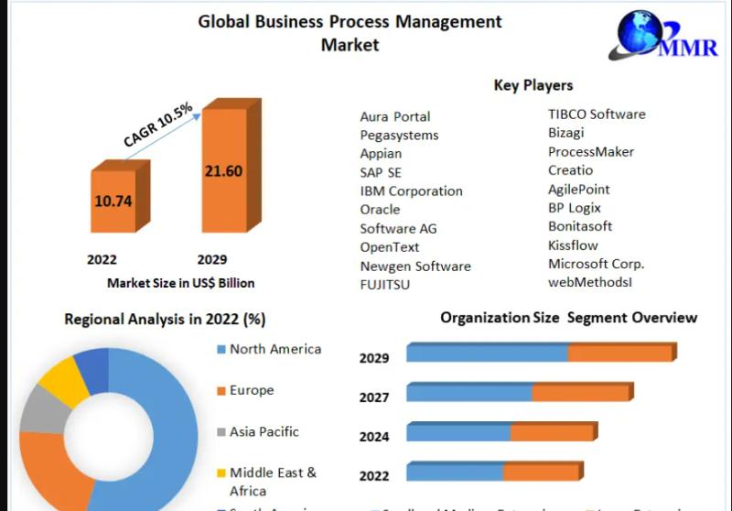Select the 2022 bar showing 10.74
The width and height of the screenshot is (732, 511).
113,200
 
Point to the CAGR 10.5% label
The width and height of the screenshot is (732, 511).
157,125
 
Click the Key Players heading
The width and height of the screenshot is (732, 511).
533,85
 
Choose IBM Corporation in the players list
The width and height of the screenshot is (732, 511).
411,191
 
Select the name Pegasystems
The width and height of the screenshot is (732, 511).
399,136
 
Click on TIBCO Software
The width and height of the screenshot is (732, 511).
596,114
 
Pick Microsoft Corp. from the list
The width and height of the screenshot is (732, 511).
596,264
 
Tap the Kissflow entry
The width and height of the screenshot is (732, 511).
573,245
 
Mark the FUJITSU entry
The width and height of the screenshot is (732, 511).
384,285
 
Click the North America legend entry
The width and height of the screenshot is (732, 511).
274,349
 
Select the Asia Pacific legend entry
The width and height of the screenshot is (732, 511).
264,431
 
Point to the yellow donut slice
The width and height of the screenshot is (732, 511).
59,376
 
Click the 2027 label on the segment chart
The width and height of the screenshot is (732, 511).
374,397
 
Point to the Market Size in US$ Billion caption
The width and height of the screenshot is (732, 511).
180,283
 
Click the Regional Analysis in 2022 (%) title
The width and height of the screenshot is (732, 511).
165,319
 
